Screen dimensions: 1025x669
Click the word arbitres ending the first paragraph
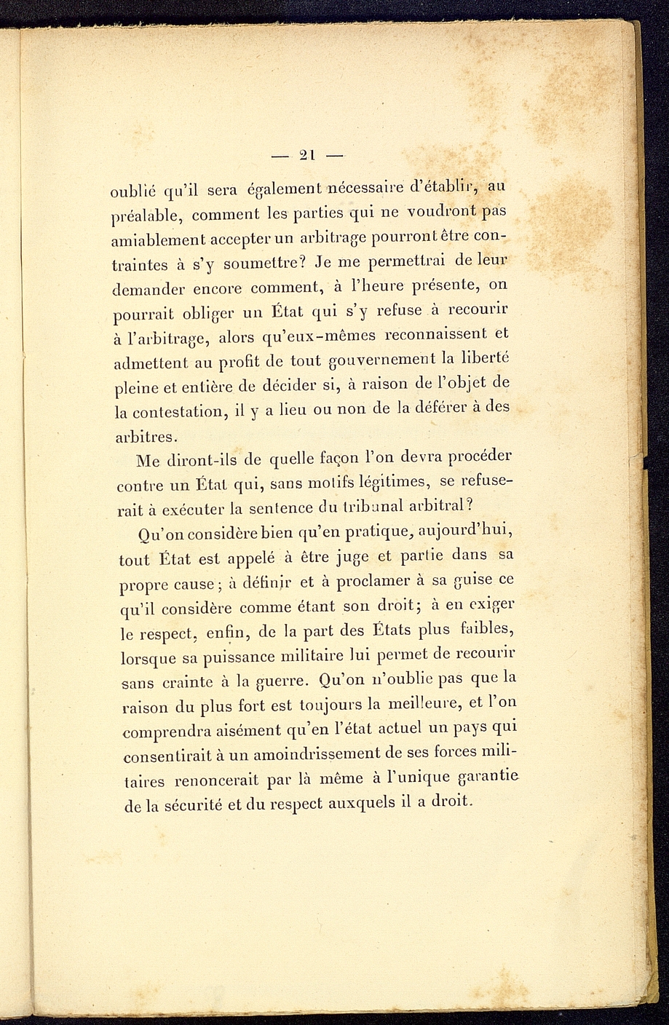(x=144, y=437)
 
